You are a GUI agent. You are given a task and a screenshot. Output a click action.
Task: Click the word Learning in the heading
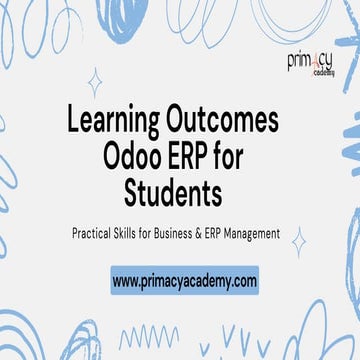pyautogui.click(x=111, y=121)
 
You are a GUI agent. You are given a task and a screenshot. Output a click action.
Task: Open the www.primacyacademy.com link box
pyautogui.click(x=184, y=280)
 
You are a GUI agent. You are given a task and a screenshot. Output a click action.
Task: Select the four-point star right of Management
pyautogui.click(x=298, y=241)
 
